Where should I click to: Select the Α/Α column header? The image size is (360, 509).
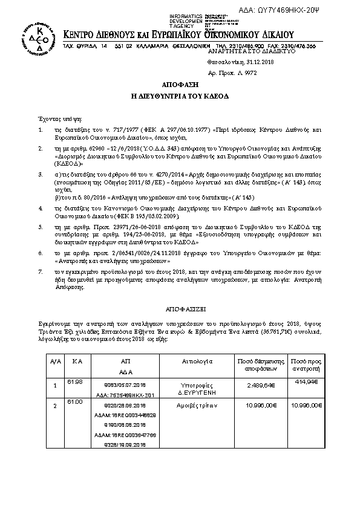(x=55, y=361)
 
